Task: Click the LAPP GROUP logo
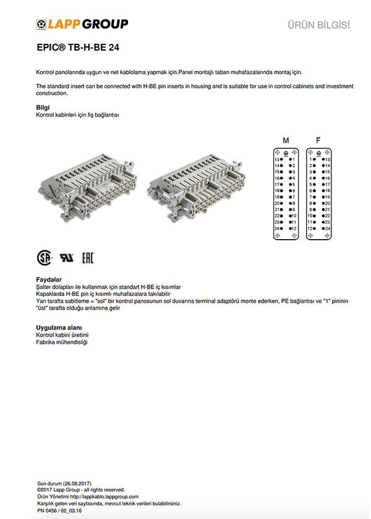coord(82,24)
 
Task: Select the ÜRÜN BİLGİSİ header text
coord(319,25)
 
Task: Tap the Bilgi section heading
coord(44,108)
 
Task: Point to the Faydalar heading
coord(49,279)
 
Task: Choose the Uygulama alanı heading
coord(59,327)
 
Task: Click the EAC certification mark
coord(87,257)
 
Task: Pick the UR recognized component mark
coord(66,257)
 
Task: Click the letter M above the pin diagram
coord(286,141)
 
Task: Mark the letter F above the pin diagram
coord(318,141)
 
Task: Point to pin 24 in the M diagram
coord(279,229)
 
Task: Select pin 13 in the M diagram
coord(279,159)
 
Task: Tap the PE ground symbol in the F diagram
coord(318,153)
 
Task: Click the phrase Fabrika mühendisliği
coord(62,342)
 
